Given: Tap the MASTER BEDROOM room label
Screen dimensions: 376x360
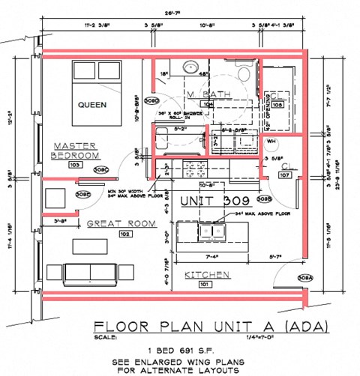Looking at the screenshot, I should click(x=74, y=150).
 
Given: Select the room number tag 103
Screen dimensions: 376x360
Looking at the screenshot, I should click(x=74, y=164).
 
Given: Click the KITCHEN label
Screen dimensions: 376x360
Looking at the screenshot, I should click(x=207, y=274).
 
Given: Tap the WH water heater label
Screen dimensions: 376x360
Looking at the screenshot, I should click(x=272, y=140).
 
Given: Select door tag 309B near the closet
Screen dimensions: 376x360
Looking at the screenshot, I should click(x=263, y=199).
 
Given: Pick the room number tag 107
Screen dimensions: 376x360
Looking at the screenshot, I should click(x=284, y=175).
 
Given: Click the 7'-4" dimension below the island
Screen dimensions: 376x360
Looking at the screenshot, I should click(x=199, y=257).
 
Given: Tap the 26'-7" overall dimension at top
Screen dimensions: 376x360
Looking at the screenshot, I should click(x=174, y=13).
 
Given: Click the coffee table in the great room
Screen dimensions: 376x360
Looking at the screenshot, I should click(x=90, y=246).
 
